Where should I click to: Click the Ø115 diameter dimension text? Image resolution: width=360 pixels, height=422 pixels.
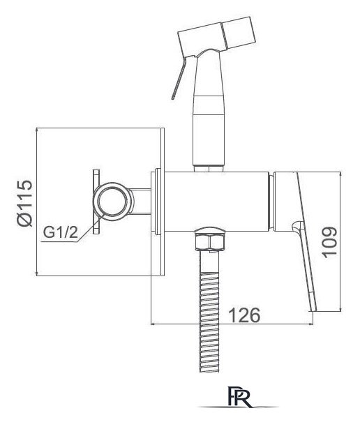coord(24,203)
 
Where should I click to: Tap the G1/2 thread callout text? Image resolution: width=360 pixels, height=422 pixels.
coord(61,232)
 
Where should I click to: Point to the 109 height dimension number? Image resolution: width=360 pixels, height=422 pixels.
coord(329,242)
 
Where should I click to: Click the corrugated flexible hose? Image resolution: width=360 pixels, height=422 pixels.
coord(209,312)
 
